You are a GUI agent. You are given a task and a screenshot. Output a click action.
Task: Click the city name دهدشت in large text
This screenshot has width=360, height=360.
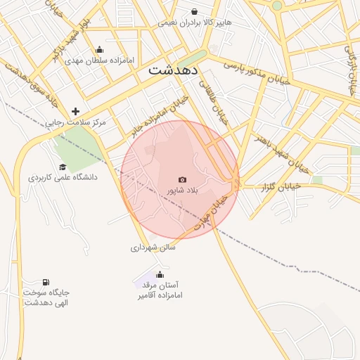click(x=174, y=70)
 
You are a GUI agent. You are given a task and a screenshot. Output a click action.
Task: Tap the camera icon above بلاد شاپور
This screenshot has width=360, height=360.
click(x=183, y=180)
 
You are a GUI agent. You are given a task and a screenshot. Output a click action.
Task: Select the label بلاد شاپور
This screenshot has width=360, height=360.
click(x=183, y=191)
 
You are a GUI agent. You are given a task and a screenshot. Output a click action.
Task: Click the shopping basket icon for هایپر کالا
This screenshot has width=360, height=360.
click(x=195, y=12)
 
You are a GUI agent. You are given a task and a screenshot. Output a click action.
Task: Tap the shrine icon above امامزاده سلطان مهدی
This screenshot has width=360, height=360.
click(x=99, y=49)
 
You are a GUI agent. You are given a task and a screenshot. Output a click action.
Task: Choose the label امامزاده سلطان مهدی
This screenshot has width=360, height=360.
click(x=101, y=60)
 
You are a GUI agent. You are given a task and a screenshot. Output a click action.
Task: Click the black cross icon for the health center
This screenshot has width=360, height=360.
click(x=75, y=111)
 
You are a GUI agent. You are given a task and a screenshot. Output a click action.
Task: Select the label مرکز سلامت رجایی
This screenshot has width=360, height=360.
click(x=76, y=122)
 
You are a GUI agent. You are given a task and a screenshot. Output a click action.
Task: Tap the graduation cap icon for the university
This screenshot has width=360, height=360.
click(x=63, y=167)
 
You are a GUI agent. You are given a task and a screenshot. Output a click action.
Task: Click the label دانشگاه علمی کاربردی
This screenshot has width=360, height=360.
click(x=63, y=177)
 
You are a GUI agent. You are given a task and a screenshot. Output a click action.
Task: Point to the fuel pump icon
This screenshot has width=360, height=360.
click(x=46, y=282)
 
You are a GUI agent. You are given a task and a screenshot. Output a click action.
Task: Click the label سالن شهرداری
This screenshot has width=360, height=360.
click(x=153, y=247)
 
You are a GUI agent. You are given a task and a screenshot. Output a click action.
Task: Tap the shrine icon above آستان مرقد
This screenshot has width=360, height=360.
click(x=160, y=274)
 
